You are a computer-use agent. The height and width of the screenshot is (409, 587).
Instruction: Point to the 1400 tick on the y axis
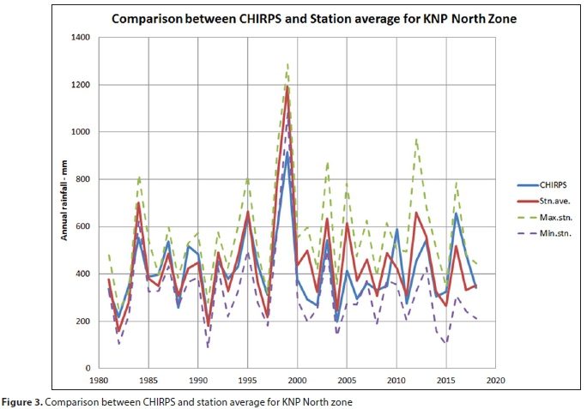(x=82, y=37)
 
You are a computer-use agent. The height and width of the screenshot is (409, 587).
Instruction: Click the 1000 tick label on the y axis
(x=82, y=131)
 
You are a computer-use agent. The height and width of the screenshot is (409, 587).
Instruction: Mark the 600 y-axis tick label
(x=84, y=226)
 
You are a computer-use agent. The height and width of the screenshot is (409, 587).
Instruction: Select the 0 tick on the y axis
(x=89, y=368)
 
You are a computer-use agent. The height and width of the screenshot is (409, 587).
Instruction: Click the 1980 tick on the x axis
(x=100, y=379)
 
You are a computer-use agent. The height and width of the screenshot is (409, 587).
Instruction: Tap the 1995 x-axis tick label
(x=248, y=379)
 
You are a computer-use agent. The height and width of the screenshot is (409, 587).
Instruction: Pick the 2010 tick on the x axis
(x=396, y=379)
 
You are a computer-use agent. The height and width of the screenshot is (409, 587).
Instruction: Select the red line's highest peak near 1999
(x=287, y=87)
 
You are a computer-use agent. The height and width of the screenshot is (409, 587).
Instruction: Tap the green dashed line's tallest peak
(x=287, y=63)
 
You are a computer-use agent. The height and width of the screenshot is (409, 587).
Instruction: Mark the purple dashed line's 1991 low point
(x=208, y=348)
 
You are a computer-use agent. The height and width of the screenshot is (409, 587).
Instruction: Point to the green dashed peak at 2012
(x=416, y=138)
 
